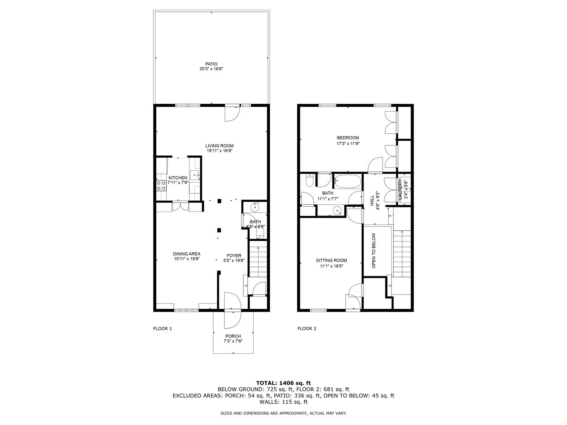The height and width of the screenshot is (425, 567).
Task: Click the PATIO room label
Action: (211, 64)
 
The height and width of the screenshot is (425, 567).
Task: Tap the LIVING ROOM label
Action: (219, 146)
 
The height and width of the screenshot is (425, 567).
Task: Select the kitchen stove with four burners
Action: (161, 185)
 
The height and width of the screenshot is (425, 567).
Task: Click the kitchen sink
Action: (195, 175)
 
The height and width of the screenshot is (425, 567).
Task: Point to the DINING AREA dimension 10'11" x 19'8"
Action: (187, 259)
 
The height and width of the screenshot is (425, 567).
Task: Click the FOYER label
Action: (234, 256)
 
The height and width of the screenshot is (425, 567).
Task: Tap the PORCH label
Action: (233, 336)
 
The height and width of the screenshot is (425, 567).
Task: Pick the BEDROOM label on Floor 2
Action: (348, 138)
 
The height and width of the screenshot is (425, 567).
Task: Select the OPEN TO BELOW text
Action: (373, 250)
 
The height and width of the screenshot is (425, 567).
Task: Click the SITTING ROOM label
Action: (332, 260)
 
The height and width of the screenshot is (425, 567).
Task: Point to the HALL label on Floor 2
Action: (372, 200)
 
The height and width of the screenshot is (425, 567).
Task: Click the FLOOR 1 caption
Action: (163, 329)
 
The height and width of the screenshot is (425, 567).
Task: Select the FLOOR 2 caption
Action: (307, 329)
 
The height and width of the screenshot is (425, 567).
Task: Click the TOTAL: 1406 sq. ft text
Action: (283, 383)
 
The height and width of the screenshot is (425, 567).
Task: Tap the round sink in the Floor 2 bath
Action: (336, 210)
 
